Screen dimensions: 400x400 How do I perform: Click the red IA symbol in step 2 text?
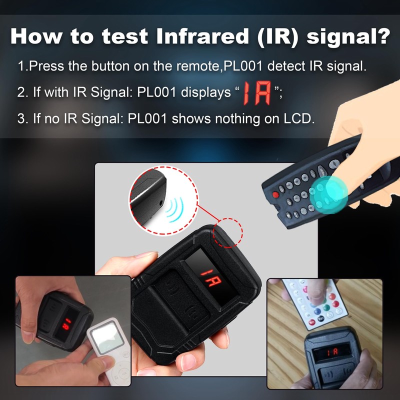click(257, 93)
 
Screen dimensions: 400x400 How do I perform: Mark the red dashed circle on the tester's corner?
click(228, 232)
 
